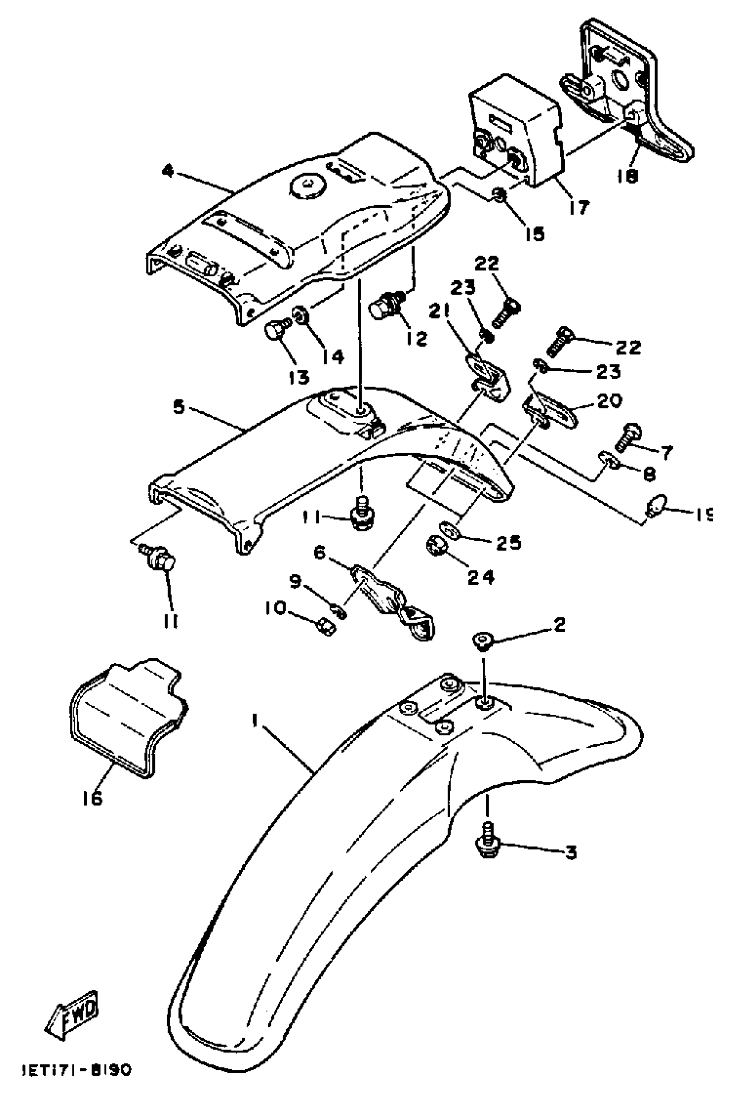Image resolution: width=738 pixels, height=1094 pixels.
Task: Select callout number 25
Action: pos(508,543)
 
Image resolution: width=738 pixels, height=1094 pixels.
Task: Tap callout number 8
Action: pos(649,474)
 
